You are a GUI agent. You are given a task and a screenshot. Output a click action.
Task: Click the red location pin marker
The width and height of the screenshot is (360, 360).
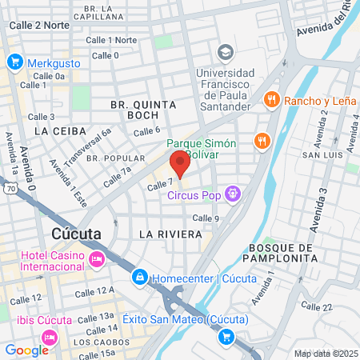point(180,166)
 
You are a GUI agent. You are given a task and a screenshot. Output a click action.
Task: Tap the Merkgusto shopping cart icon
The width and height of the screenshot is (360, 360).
point(14,62)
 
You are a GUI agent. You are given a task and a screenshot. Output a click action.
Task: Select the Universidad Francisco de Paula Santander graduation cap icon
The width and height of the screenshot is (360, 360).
point(225,53)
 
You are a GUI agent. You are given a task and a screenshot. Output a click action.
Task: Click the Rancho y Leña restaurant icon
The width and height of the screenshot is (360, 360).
point(273,100)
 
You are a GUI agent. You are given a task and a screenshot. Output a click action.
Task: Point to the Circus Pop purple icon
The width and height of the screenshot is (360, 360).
point(232,193)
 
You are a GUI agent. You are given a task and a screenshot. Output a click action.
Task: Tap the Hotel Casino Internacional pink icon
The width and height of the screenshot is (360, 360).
point(97,258)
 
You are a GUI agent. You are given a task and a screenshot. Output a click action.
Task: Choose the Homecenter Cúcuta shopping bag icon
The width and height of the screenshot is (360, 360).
point(140,278)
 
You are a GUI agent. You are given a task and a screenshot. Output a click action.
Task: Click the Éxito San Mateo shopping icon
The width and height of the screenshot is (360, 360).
point(226,337)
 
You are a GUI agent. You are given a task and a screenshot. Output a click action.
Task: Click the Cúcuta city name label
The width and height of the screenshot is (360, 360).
point(76,234)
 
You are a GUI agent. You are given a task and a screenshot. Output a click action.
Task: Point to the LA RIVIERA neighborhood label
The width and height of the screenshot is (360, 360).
point(167,234)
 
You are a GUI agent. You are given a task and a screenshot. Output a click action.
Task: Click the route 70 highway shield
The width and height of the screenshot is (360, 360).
point(9,189)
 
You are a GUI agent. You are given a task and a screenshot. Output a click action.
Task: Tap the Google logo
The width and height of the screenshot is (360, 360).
point(26,350)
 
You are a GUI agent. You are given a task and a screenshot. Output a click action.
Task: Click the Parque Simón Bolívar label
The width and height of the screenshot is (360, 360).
point(202,149)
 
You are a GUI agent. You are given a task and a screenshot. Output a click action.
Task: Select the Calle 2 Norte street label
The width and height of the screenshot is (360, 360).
point(39,25)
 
